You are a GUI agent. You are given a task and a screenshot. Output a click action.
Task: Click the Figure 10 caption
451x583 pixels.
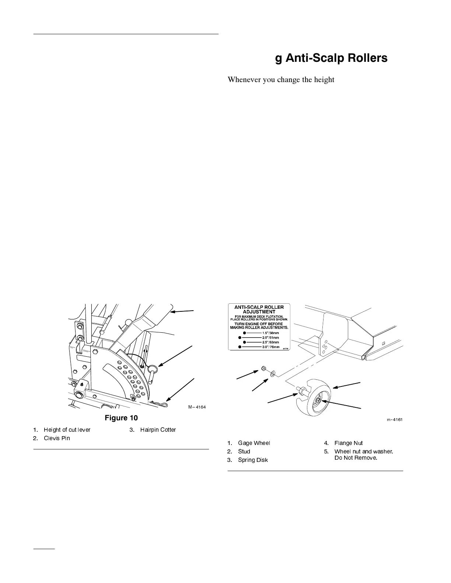point(121,418)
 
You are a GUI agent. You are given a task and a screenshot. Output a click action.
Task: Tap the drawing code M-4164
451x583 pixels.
point(197,407)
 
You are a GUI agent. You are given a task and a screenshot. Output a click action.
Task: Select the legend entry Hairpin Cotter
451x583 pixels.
point(158,430)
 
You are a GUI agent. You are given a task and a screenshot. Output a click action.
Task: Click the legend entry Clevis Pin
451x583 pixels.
point(57,438)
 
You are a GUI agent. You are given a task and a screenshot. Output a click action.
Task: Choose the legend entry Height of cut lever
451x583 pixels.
point(67,430)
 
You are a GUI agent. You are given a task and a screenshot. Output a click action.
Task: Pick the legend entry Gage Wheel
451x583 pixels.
point(254,443)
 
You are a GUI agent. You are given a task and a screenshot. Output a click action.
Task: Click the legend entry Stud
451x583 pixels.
point(244,451)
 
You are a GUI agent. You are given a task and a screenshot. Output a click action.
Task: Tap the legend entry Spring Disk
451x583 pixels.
point(253,460)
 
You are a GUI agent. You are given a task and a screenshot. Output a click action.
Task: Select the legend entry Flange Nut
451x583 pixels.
point(349,443)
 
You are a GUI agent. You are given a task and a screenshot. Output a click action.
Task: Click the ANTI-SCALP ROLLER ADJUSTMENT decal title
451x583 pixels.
point(259,309)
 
